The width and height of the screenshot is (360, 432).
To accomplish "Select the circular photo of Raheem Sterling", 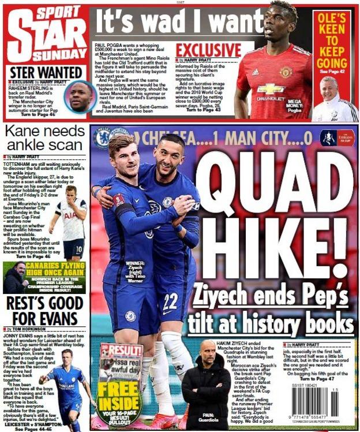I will (79, 96).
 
